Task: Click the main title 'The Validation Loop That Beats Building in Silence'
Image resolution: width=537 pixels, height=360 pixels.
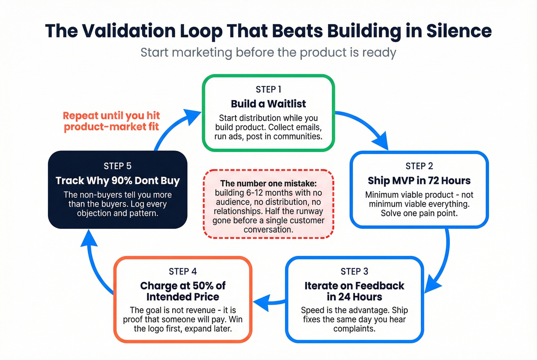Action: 268,31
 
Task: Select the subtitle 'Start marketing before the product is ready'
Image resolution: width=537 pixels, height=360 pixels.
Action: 268,52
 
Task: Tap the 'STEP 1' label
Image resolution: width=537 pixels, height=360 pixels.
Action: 268,89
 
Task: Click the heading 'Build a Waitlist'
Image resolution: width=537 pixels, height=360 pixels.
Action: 268,104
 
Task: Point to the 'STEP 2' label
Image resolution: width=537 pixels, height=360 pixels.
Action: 419,166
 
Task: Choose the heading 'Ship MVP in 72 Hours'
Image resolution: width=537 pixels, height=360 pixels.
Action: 419,181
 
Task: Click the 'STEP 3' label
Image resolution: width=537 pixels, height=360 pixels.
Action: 354,271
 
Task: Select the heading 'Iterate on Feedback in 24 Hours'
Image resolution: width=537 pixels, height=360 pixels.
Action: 354,291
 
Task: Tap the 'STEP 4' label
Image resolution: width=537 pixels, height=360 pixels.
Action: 183,271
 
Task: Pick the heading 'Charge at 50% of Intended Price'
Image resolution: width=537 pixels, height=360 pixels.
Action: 183,291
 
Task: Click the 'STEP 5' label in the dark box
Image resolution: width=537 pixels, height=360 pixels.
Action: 117,166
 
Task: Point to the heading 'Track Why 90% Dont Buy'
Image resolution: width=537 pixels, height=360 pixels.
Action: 117,181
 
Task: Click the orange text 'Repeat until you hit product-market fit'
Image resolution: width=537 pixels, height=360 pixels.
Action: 111,121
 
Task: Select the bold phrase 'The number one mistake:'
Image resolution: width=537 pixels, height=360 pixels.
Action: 268,184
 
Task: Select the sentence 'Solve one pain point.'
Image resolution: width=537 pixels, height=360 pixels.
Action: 419,213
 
